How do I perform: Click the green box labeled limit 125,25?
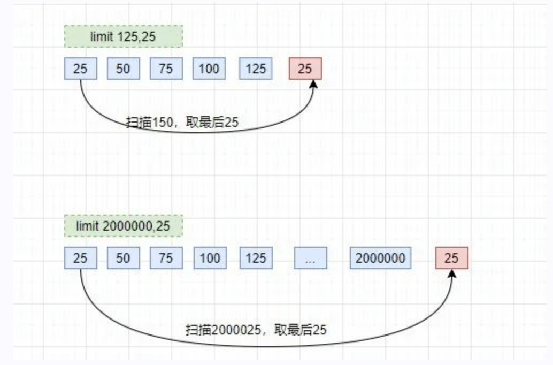click(124, 36)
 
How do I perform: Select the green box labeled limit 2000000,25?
click(124, 226)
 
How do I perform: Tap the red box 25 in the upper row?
click(305, 69)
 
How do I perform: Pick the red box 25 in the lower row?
click(452, 258)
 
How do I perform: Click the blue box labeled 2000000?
click(381, 258)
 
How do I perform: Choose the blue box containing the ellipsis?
click(311, 258)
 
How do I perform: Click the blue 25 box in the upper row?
click(81, 69)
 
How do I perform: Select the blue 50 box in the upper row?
click(124, 69)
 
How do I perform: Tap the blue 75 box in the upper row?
click(166, 69)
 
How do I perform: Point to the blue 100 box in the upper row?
click(209, 69)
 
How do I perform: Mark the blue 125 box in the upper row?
click(256, 69)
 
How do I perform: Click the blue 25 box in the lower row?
click(81, 258)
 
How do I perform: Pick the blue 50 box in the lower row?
click(124, 258)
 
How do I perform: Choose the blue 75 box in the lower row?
click(166, 258)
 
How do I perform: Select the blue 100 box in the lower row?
click(210, 258)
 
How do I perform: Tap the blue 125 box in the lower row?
click(256, 258)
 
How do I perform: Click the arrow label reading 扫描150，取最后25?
click(182, 122)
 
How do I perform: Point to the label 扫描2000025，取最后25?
click(256, 330)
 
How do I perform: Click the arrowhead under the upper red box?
click(313, 84)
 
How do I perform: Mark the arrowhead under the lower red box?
click(452, 273)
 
